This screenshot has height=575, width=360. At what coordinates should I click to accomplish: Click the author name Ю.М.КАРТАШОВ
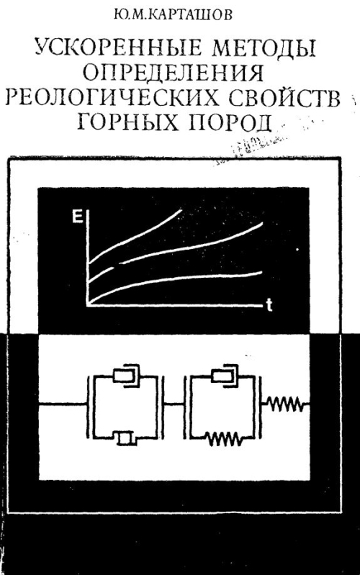point(173,16)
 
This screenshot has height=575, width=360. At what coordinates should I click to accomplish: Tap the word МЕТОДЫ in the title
point(259,50)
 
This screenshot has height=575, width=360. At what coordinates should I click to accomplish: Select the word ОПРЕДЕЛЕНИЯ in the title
point(173,73)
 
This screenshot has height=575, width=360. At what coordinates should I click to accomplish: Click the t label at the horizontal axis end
point(269,305)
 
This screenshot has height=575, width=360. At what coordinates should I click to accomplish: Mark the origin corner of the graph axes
point(88,304)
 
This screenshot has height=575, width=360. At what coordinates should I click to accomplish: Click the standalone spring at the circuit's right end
point(285,404)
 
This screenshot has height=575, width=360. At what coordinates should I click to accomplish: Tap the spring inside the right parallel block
point(223,438)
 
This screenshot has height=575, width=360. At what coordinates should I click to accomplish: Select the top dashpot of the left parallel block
point(127,376)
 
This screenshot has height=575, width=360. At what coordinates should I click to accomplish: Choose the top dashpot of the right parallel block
point(224,376)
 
